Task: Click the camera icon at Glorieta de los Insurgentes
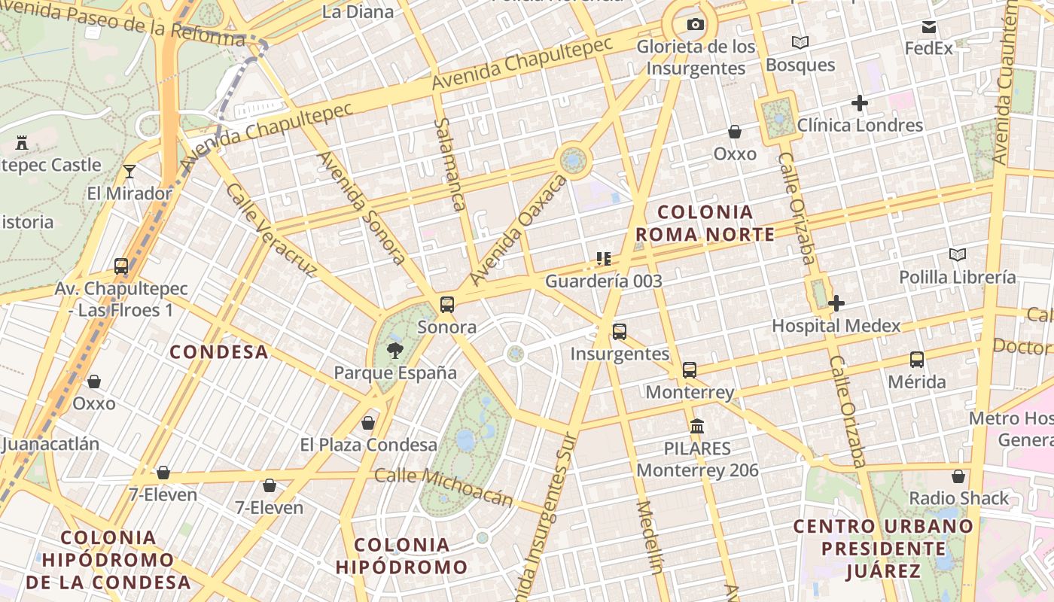[x=696, y=25]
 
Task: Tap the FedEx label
[x=928, y=48]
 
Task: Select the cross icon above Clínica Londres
[x=859, y=103]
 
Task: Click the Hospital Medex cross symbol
[x=836, y=303]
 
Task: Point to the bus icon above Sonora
[x=447, y=305]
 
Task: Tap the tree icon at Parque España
[x=394, y=350]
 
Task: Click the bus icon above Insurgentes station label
[x=620, y=331]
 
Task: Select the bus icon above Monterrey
[x=690, y=369]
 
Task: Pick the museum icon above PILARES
[x=697, y=426]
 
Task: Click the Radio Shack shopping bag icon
[x=958, y=476]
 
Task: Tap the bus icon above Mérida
[x=916, y=359]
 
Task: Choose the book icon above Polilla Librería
[x=957, y=254]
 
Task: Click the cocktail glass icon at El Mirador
[x=129, y=172]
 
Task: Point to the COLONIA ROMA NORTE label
[x=705, y=223]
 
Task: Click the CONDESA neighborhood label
[x=218, y=351]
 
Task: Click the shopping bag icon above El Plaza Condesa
[x=368, y=423]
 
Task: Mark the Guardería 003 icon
[x=603, y=259]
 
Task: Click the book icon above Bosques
[x=800, y=42]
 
